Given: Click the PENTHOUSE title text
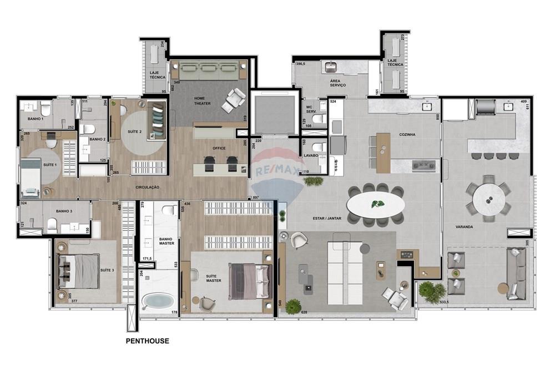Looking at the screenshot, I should [x=147, y=341].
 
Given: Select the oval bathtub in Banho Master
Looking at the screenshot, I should [x=158, y=301].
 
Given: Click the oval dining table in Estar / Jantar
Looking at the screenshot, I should [x=376, y=204].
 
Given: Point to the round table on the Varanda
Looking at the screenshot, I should [x=488, y=198].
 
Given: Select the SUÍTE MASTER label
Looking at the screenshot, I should [x=213, y=278].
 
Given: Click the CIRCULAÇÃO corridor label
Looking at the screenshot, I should [x=147, y=187].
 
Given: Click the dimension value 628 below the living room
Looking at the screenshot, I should [x=304, y=313].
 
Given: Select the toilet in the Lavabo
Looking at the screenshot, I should [x=317, y=148].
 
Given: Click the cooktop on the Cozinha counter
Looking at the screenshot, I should [x=423, y=164].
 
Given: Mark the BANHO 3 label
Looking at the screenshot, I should [x=64, y=211].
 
